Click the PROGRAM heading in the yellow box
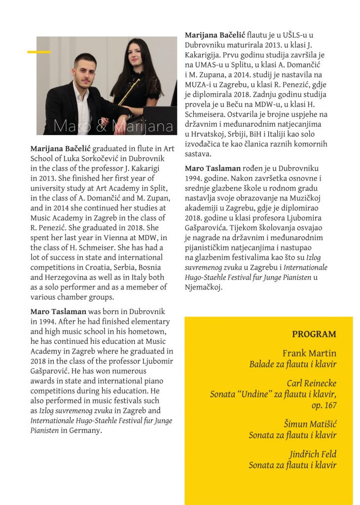pos(314,334)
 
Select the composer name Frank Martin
pos(309,353)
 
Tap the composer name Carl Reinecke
pos(311,383)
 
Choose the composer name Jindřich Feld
pos(313,454)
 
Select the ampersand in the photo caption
pos(104,126)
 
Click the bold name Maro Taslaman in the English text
pos(58,312)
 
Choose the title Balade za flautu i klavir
pos(292,364)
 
